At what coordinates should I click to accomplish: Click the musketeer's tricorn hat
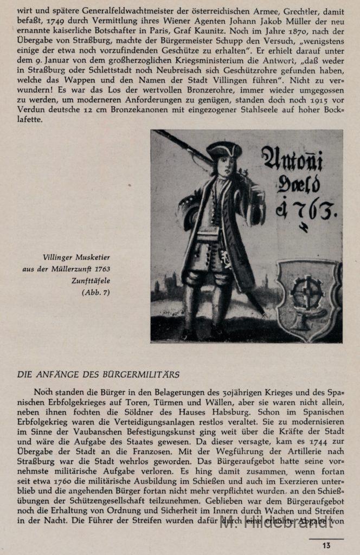[x=224, y=150]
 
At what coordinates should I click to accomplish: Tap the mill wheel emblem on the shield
[x=308, y=293]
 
